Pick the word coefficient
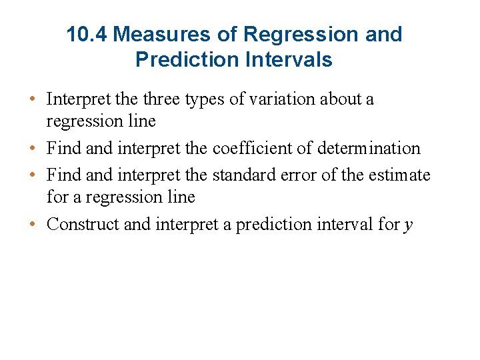(x=259, y=148)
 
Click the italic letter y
(x=409, y=225)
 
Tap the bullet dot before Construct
(x=32, y=224)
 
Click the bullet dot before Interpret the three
(x=32, y=100)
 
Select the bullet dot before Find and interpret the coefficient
(x=32, y=149)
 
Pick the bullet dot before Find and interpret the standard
(x=32, y=175)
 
